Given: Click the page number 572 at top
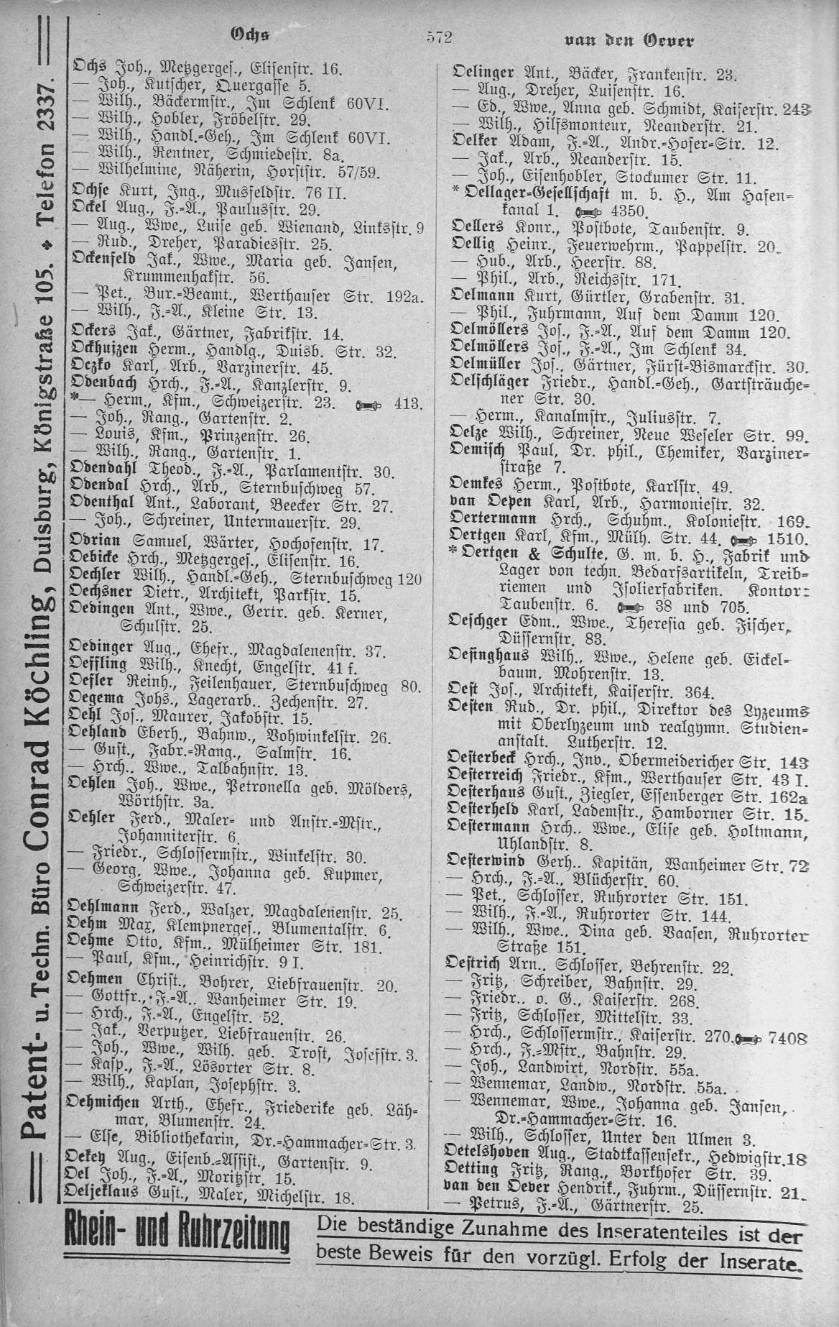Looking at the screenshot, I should (438, 38).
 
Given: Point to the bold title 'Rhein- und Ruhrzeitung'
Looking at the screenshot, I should (177, 1239).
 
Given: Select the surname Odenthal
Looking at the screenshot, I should (97, 505).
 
